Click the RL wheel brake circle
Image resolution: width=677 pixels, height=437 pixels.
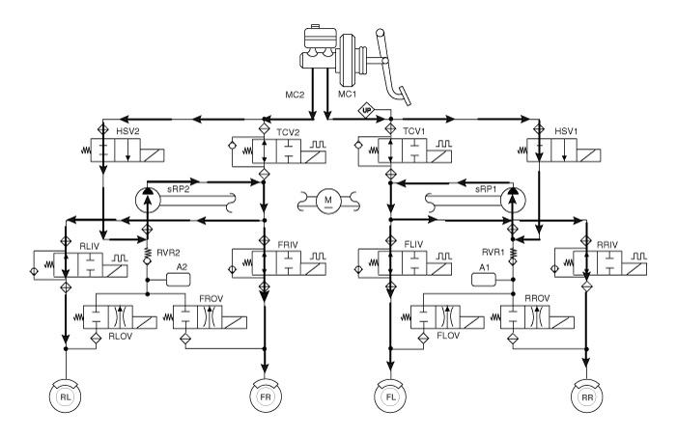[x=66, y=396]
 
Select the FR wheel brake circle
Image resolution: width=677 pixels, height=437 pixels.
[x=265, y=396]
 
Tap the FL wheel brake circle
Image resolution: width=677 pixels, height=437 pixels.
[x=390, y=396]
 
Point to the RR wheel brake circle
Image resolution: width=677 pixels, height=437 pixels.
[x=587, y=396]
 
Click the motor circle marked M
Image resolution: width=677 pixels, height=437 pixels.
[x=328, y=200]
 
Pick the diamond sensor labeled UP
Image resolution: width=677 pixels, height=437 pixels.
[x=367, y=111]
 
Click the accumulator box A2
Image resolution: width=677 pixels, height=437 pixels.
[x=179, y=280]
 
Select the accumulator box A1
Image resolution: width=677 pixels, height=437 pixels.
[x=484, y=280]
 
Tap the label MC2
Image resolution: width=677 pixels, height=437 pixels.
[x=295, y=95]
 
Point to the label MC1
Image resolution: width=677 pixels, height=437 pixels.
[x=347, y=94]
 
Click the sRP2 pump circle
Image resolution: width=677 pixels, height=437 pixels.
[x=148, y=200]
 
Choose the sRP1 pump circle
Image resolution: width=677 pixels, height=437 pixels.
[x=514, y=200]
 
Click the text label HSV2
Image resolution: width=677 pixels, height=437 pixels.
[x=127, y=131]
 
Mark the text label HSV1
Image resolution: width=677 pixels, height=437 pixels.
[x=566, y=131]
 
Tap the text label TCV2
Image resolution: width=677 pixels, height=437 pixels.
[x=288, y=132]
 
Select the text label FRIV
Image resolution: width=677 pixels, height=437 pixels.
[x=288, y=245]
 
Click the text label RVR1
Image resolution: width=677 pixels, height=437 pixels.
[x=494, y=252]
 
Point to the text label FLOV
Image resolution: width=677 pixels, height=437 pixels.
[x=448, y=335]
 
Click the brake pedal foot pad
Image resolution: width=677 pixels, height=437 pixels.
[x=405, y=96]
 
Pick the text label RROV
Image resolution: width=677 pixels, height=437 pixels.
[x=537, y=298]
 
